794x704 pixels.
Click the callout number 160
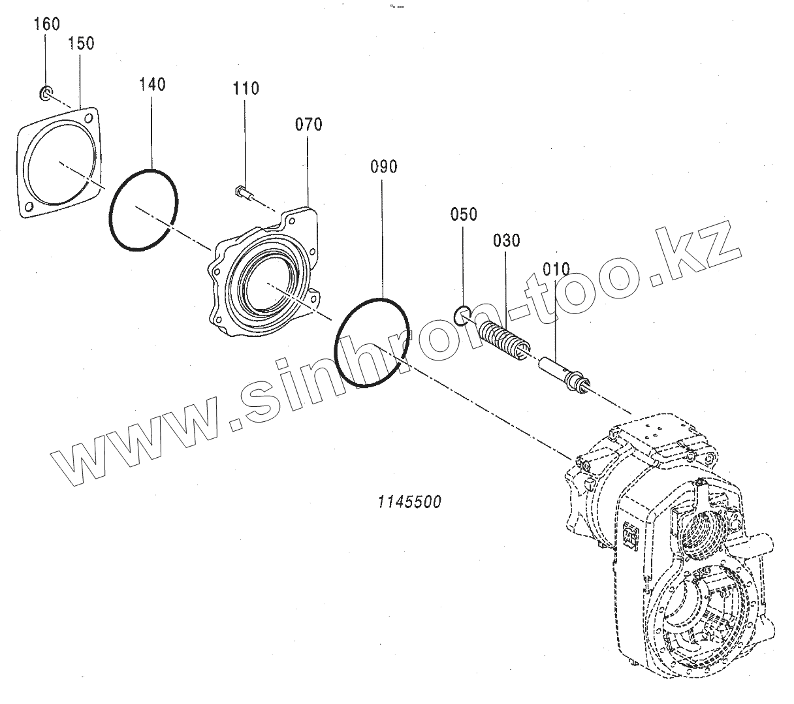(x=47, y=24)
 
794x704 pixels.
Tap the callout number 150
(x=81, y=43)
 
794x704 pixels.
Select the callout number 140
(x=152, y=84)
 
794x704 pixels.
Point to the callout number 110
(x=246, y=88)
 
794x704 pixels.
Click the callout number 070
(x=308, y=124)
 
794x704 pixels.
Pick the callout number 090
(x=383, y=167)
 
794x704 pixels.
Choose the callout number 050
(x=463, y=214)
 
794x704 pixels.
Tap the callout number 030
(x=507, y=240)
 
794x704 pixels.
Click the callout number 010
(x=556, y=268)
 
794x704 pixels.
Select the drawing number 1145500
(x=409, y=502)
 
